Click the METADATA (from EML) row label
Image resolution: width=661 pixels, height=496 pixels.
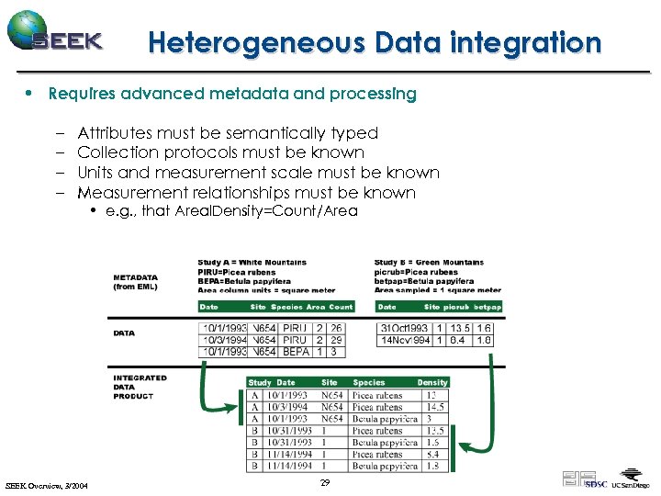135,282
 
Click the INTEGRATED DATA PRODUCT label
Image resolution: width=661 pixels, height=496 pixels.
140,387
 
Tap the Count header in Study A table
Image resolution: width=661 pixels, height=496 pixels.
341,307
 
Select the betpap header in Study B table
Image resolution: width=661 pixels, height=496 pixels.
487,307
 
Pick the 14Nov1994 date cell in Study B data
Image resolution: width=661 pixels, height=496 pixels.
404,340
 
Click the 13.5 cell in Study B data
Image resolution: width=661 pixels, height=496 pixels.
461,328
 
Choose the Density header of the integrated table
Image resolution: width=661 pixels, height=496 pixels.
432,382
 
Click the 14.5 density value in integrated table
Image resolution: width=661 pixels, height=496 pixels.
435,407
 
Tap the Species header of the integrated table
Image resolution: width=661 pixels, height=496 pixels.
369,382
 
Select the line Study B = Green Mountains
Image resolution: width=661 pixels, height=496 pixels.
429,263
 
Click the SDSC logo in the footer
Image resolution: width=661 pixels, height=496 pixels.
596,483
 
